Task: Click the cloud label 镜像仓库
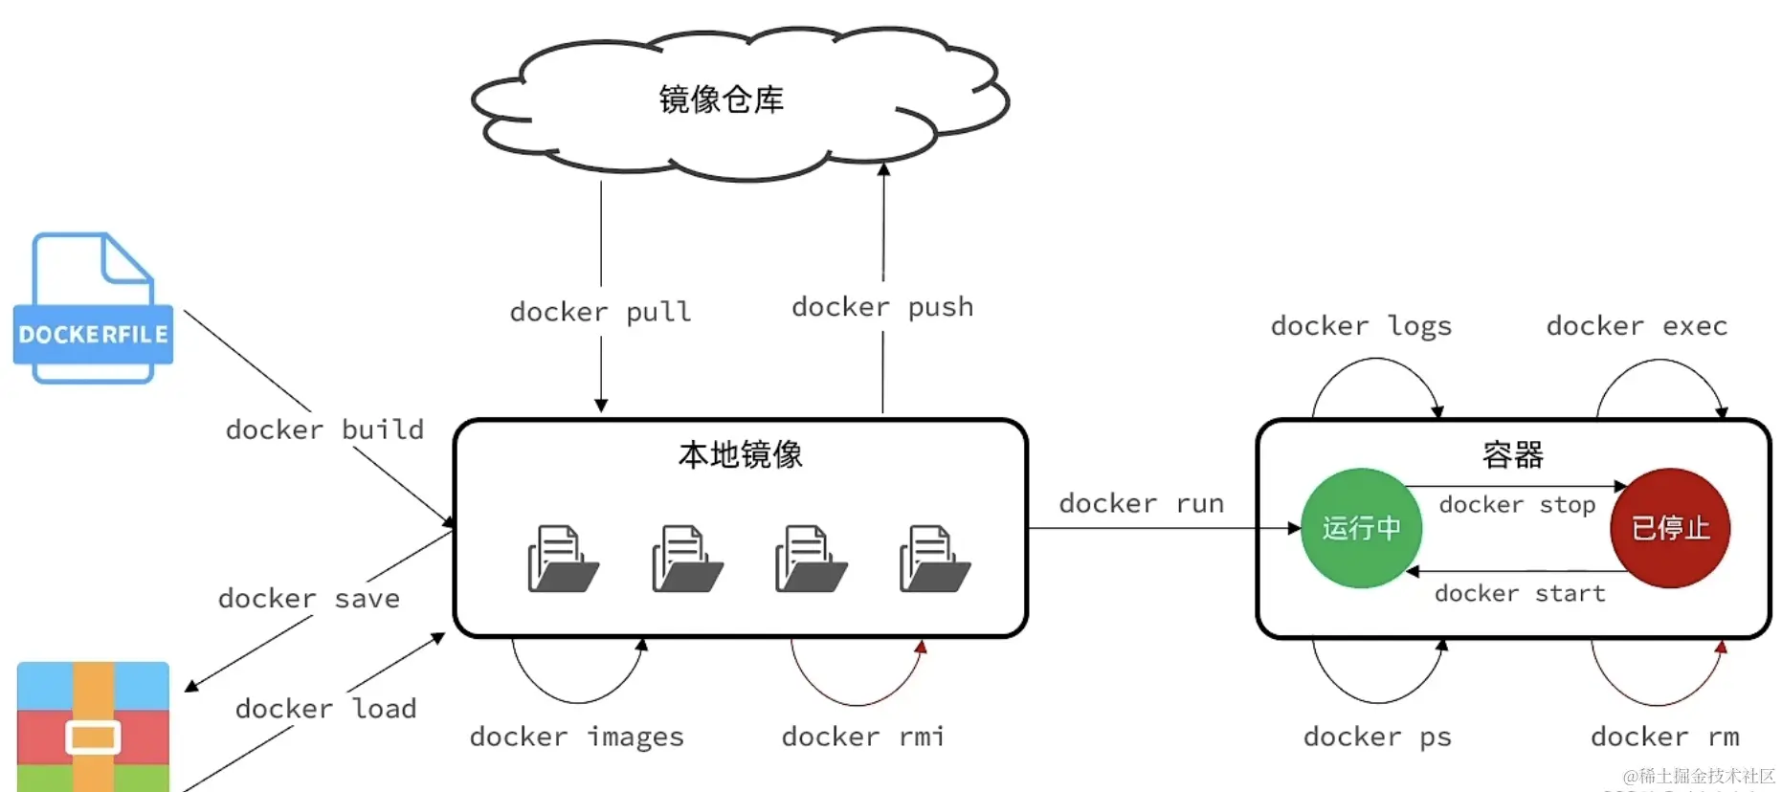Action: tap(721, 99)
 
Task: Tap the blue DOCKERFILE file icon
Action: tap(93, 309)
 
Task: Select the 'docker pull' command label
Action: tap(600, 312)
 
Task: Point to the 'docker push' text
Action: tap(882, 307)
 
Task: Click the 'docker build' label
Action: tap(324, 429)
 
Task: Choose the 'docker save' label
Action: tap(308, 599)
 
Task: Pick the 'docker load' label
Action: tap(325, 709)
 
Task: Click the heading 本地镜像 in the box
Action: tap(740, 454)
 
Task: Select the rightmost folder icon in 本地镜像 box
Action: tap(934, 559)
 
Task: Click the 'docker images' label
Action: tap(576, 737)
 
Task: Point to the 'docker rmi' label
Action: tap(862, 737)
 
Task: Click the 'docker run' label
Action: tap(1141, 503)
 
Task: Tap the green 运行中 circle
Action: tap(1361, 528)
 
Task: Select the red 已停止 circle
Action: tap(1670, 528)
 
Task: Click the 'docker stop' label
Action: tap(1517, 504)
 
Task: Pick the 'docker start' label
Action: tap(1520, 593)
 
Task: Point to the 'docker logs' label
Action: tap(1361, 326)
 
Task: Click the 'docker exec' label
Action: tap(1637, 326)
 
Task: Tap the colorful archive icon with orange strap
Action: tap(93, 727)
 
